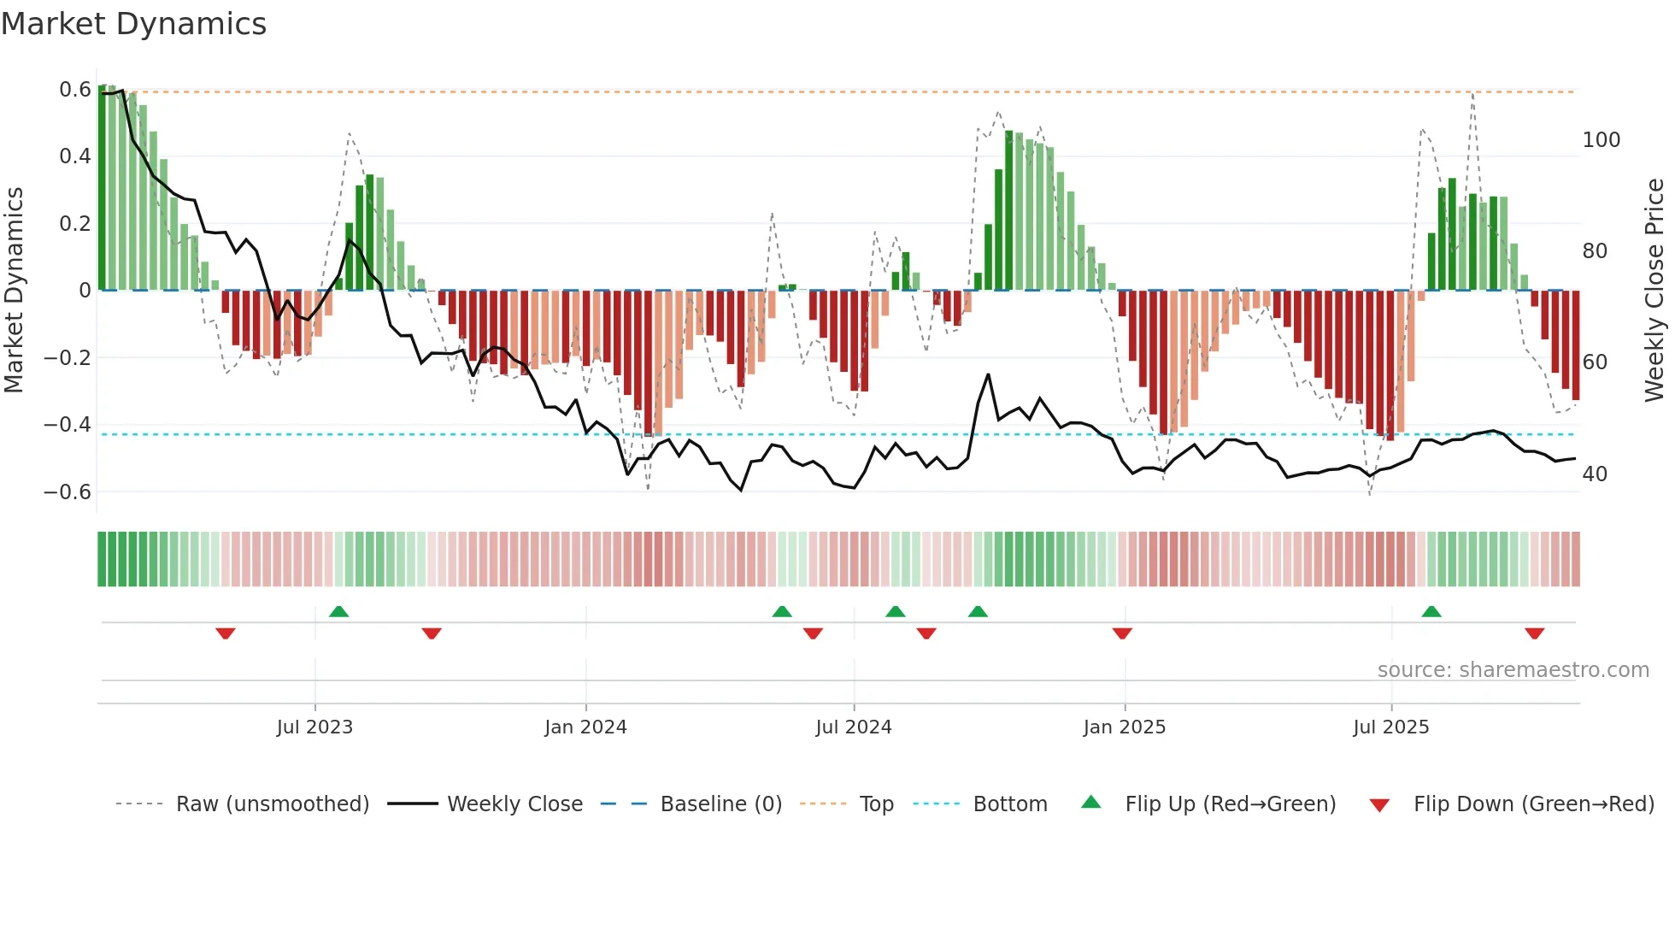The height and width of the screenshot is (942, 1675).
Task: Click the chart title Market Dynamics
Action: (x=133, y=24)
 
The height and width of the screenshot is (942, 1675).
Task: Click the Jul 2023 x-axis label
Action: (x=314, y=727)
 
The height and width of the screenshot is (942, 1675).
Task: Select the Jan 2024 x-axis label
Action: (x=585, y=727)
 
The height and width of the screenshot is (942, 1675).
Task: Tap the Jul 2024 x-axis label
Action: (x=853, y=727)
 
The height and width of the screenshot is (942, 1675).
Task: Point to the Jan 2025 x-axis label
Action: (x=1124, y=727)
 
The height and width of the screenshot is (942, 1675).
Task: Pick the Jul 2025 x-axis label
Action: (x=1390, y=727)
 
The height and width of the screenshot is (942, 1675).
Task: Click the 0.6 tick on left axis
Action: (x=75, y=90)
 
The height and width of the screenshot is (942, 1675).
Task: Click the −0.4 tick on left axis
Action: (x=68, y=425)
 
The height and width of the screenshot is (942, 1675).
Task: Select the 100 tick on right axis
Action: (x=1601, y=140)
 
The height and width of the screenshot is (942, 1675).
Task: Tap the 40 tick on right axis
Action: (x=1595, y=474)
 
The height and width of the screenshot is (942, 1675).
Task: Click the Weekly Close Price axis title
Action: (x=1654, y=291)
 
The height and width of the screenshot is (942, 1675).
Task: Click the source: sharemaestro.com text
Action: (x=1513, y=670)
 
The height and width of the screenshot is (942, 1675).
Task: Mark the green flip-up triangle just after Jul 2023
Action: (x=338, y=611)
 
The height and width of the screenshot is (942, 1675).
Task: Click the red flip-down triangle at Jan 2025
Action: (x=1122, y=633)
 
